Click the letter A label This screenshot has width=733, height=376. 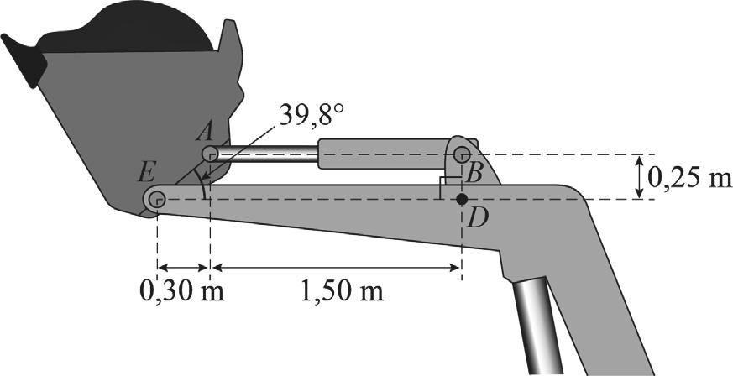click(204, 134)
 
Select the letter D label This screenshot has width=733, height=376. click(477, 220)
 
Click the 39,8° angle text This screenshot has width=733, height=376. click(312, 116)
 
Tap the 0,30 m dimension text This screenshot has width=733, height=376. click(182, 292)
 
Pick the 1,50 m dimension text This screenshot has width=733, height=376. click(341, 292)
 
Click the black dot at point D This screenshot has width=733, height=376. click(462, 200)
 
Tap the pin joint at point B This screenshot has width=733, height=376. click(462, 154)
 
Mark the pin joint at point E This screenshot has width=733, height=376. click(157, 200)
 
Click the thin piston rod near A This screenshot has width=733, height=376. click(266, 154)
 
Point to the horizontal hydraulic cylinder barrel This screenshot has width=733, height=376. click(385, 154)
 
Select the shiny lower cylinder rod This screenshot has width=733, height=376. click(537, 327)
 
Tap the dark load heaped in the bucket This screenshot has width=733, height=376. click(125, 29)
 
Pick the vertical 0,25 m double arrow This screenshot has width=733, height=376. click(639, 176)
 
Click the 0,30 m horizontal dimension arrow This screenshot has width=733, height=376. click(183, 268)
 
